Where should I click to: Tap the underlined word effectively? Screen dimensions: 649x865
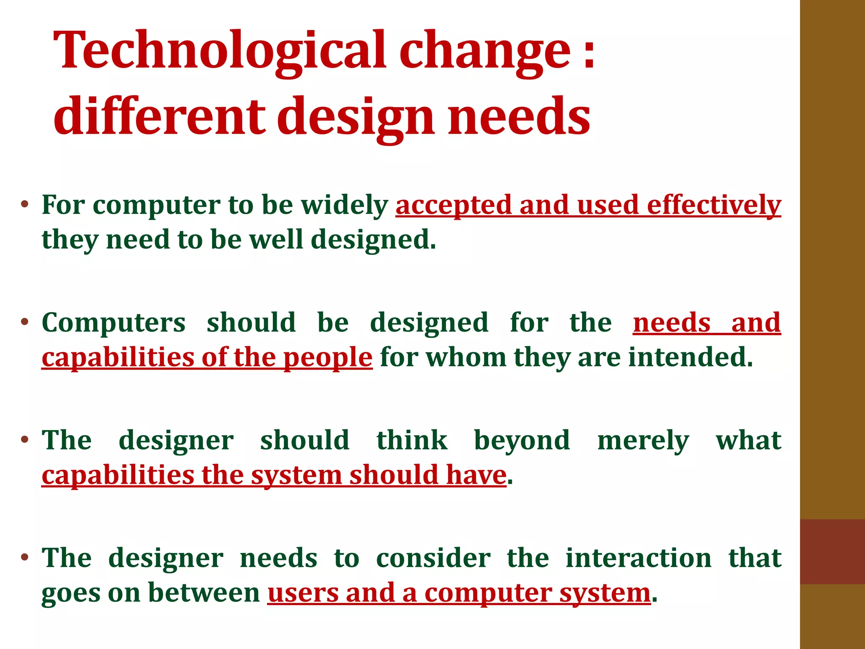pyautogui.click(x=714, y=205)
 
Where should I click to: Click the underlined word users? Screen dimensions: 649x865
pyautogui.click(x=302, y=593)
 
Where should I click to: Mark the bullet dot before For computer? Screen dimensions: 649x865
pyautogui.click(x=25, y=205)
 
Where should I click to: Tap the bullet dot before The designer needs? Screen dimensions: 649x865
pyautogui.click(x=25, y=557)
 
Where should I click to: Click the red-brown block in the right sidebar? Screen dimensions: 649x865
pyautogui.click(x=832, y=551)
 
